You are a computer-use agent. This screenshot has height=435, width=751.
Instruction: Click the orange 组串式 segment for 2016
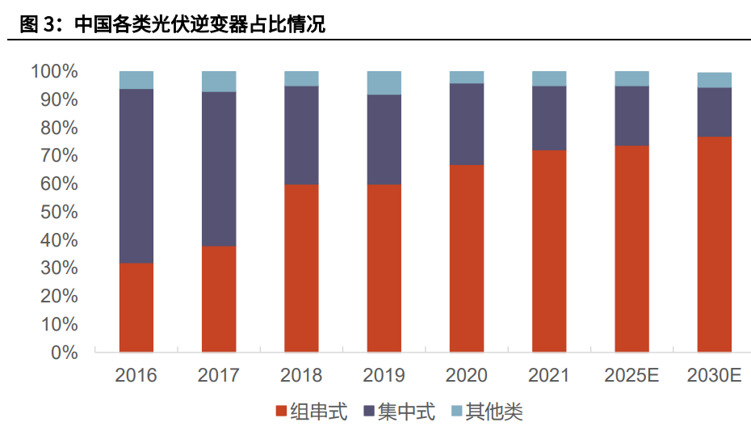pos(136,307)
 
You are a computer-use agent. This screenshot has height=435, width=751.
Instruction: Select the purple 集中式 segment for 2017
pos(219,168)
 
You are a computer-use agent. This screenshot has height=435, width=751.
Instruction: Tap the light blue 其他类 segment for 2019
pos(384,82)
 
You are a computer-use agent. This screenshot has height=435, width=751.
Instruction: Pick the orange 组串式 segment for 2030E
pos(715,244)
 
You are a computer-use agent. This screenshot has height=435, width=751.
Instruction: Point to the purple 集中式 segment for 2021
pos(549,118)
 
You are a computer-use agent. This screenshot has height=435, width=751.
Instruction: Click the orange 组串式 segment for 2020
pos(467,258)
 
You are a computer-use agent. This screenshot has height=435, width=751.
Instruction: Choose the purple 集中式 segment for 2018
pos(301,135)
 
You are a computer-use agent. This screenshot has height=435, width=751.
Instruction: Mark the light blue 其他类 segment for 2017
pos(219,81)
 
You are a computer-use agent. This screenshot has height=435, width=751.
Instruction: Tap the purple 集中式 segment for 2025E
pos(631,116)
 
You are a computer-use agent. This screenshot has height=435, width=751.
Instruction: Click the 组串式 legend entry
pos(312,412)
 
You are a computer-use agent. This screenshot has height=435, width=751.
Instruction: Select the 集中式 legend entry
pos(400,412)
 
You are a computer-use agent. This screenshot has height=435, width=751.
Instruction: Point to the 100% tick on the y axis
pos(55,72)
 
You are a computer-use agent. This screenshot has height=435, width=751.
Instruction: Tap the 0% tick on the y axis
pos(65,353)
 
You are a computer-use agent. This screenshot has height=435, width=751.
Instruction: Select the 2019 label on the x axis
pos(384,375)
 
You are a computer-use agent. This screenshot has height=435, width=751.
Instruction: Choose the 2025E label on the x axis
pos(631,375)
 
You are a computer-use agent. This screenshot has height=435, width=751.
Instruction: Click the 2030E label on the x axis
pos(715,375)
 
